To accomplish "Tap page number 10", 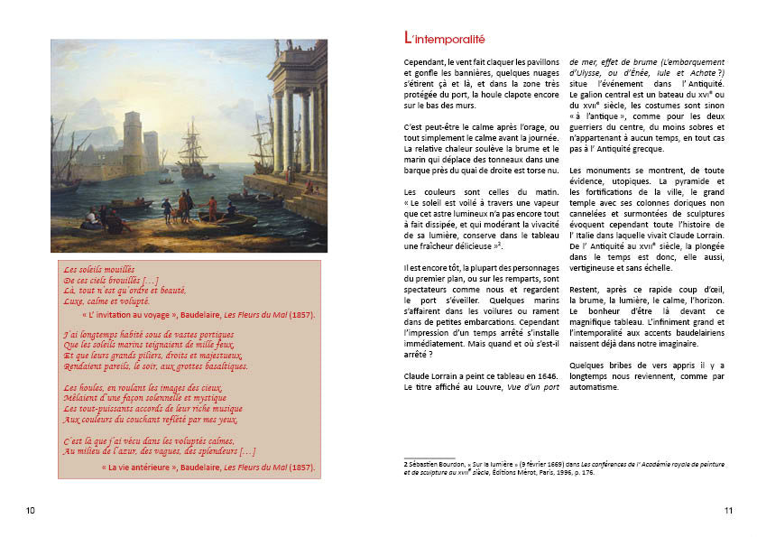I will pos(31,511).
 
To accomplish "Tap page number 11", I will pos(728,511).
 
